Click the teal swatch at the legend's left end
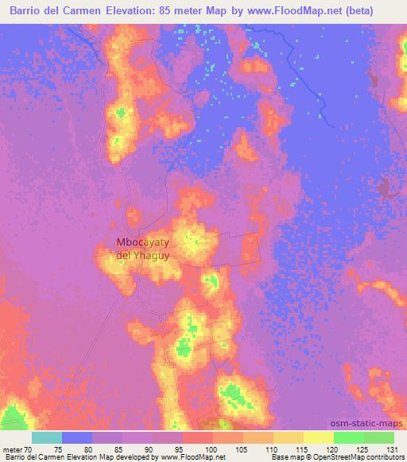tap(47, 437)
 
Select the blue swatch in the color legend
tap(77, 437)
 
